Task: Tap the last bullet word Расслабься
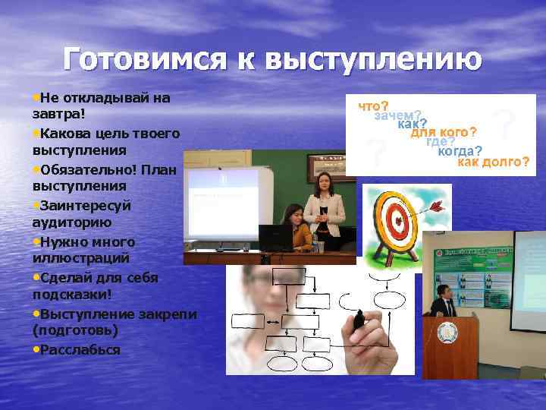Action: [x=81, y=349]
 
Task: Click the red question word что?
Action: [x=374, y=105]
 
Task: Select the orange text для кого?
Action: [x=444, y=132]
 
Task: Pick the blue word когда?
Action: [x=460, y=151]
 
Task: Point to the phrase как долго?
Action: [x=494, y=162]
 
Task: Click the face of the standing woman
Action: [x=323, y=182]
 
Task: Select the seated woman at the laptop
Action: [x=296, y=228]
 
